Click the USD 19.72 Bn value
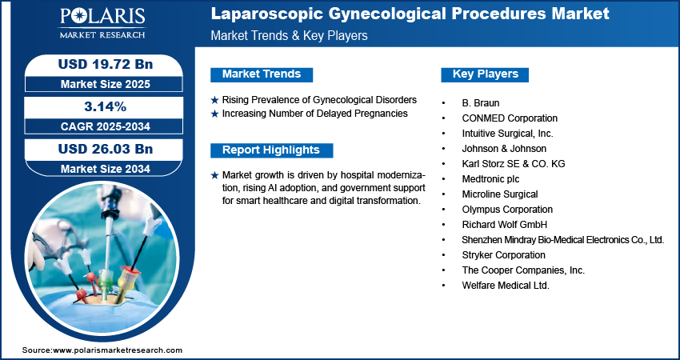(x=99, y=63)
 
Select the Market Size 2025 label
(x=99, y=83)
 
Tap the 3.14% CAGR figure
(x=99, y=106)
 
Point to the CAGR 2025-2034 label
(x=99, y=126)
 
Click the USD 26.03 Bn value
(x=99, y=149)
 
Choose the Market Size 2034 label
(x=99, y=169)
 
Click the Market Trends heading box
(x=261, y=74)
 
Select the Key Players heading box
(x=485, y=74)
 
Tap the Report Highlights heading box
(x=270, y=150)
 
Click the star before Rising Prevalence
(x=214, y=100)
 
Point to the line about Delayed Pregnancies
(x=315, y=114)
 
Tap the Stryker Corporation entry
(x=503, y=255)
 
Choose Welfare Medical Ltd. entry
(x=506, y=286)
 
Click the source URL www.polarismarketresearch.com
(x=117, y=350)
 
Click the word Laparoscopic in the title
(x=258, y=14)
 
